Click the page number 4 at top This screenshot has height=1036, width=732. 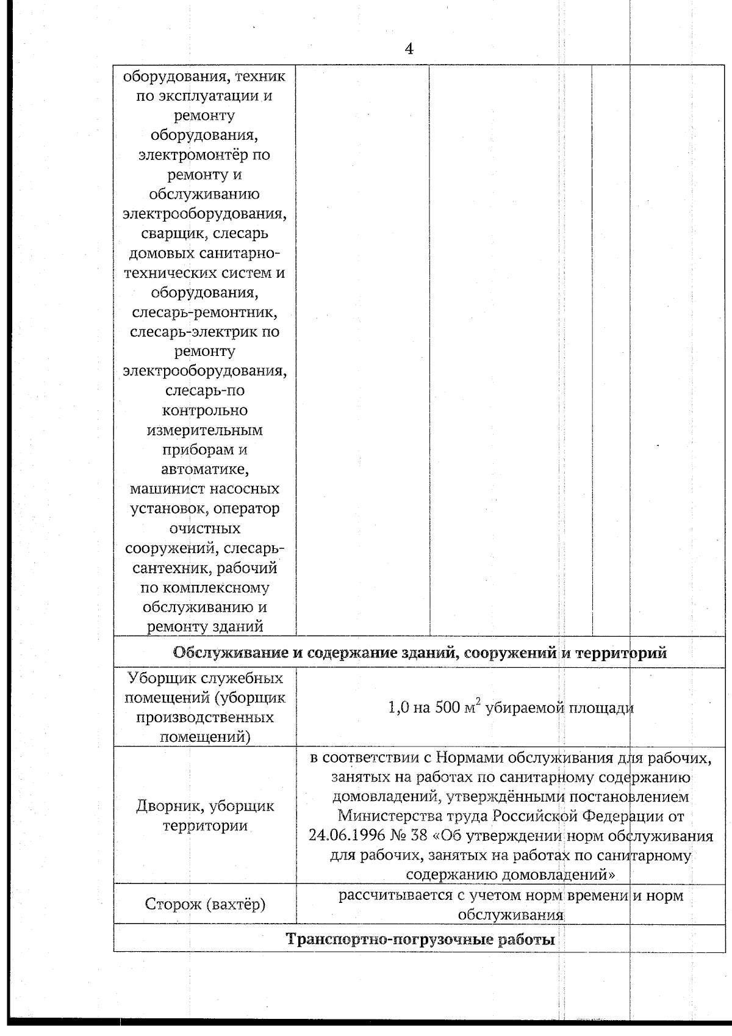point(409,49)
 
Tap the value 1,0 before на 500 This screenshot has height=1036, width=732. point(399,708)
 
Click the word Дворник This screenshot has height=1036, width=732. point(170,806)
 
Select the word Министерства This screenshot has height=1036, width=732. point(392,816)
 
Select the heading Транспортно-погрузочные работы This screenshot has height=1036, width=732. point(420,940)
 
